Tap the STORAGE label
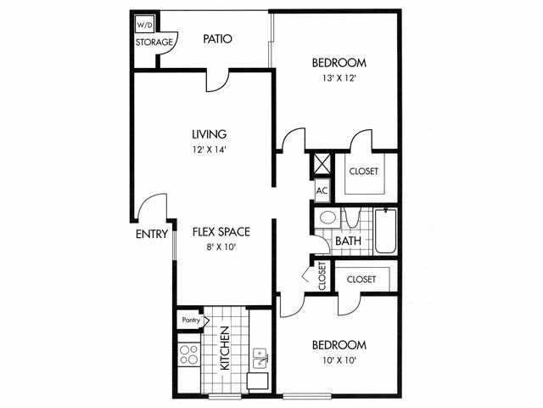coord(154,42)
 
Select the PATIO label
coord(218,39)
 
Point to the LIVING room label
coord(209,134)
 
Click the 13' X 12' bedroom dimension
coord(339,79)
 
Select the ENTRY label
coord(151,235)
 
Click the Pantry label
coord(190,320)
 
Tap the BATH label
coord(348,241)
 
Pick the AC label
coord(322,190)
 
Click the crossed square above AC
coord(322,162)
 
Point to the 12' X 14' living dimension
coord(209,150)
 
